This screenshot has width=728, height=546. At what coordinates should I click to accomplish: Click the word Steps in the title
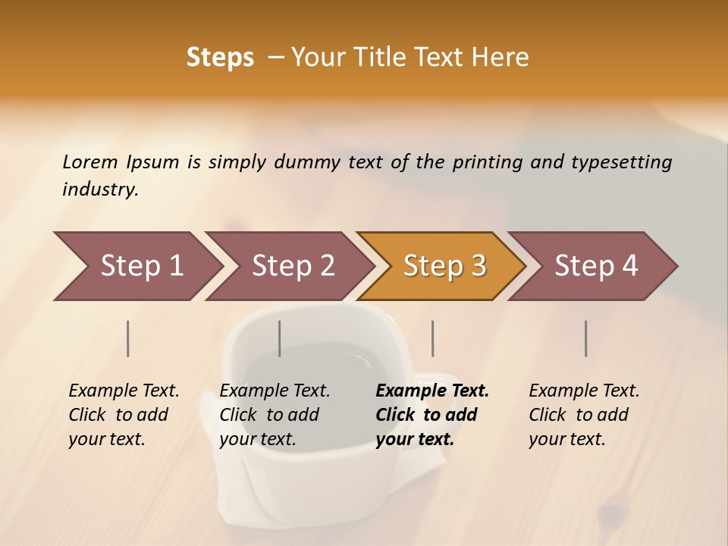(220, 58)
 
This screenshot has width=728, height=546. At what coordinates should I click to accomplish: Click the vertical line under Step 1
(128, 338)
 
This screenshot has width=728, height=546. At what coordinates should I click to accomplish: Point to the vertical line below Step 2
(280, 338)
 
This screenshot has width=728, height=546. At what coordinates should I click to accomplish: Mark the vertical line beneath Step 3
(433, 338)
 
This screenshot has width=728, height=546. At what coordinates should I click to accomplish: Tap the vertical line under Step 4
(586, 338)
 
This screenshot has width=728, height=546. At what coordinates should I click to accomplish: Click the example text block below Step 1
(124, 415)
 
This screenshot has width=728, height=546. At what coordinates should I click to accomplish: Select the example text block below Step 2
(275, 415)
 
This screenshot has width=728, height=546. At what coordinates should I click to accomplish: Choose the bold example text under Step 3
(431, 415)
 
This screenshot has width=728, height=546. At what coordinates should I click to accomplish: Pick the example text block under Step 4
(584, 415)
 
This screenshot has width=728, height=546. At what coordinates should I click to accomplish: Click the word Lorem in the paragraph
(90, 162)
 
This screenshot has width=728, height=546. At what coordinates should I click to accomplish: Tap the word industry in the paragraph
(100, 190)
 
